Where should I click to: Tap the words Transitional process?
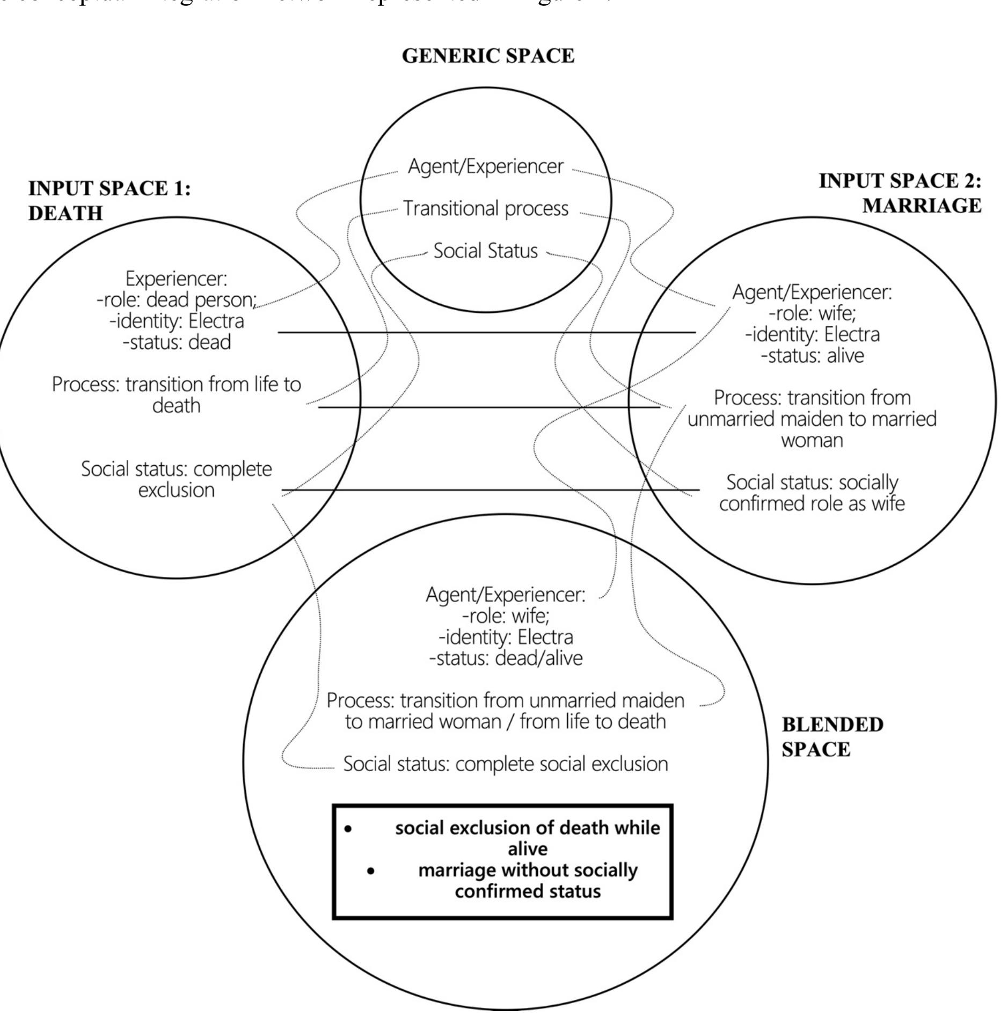pyautogui.click(x=485, y=208)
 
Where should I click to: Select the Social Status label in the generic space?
pyautogui.click(x=485, y=251)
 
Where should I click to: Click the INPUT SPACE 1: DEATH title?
pyautogui.click(x=109, y=201)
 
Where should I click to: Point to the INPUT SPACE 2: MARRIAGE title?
pyautogui.click(x=900, y=193)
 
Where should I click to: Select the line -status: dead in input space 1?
pyautogui.click(x=177, y=342)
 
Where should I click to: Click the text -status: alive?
pyautogui.click(x=812, y=355)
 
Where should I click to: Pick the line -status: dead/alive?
pyautogui.click(x=505, y=658)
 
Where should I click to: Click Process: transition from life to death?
pyautogui.click(x=176, y=394)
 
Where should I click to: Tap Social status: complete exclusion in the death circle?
pyautogui.click(x=176, y=479)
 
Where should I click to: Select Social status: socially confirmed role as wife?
pyautogui.click(x=812, y=493)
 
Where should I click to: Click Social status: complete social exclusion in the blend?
pyautogui.click(x=505, y=764)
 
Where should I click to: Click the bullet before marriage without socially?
pyautogui.click(x=371, y=871)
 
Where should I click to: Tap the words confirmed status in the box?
pyautogui.click(x=527, y=891)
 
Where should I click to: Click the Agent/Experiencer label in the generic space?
pyautogui.click(x=485, y=166)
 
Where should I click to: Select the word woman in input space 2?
pyautogui.click(x=812, y=440)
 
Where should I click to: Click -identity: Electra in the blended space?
pyautogui.click(x=505, y=637)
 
